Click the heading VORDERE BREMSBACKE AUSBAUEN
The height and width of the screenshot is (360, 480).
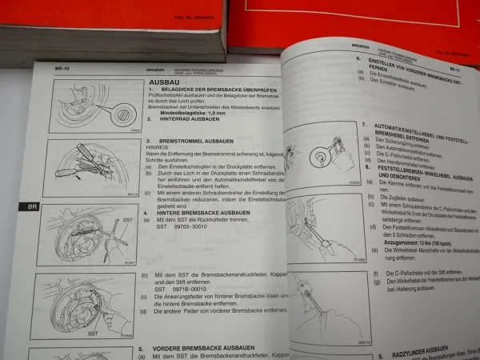[x=199, y=348]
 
